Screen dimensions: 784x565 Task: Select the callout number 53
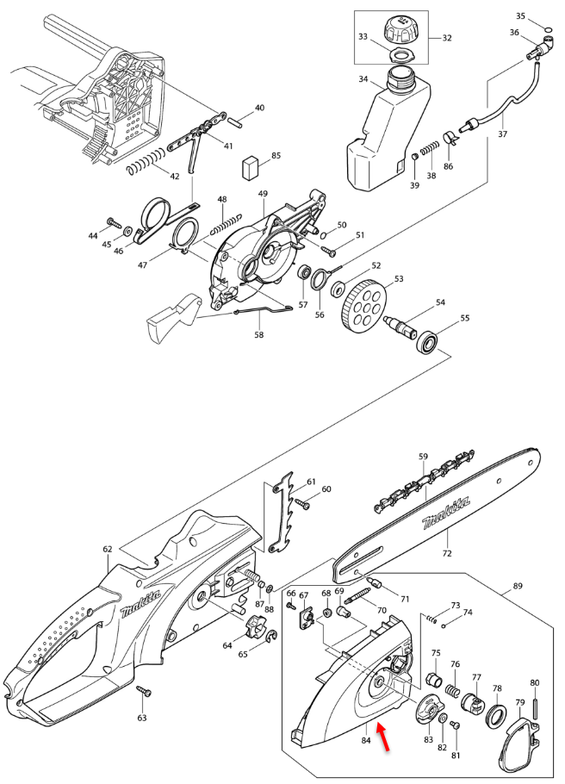point(398,280)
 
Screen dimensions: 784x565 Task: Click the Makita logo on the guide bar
point(445,516)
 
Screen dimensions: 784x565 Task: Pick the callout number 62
point(107,549)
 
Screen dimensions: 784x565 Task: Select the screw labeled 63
point(144,692)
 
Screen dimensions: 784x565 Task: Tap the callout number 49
point(263,194)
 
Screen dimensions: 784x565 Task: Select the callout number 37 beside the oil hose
point(502,134)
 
